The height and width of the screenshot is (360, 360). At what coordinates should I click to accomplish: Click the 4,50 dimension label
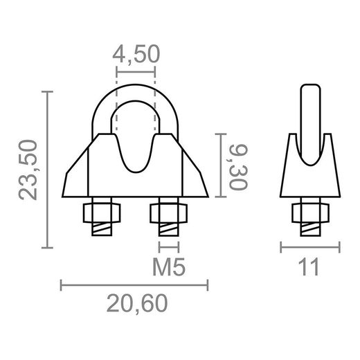136,55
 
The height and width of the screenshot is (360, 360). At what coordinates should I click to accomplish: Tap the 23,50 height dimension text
29,170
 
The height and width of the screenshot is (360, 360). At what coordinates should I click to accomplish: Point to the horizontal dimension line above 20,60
135,282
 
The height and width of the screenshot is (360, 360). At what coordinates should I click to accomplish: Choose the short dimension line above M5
168,247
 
